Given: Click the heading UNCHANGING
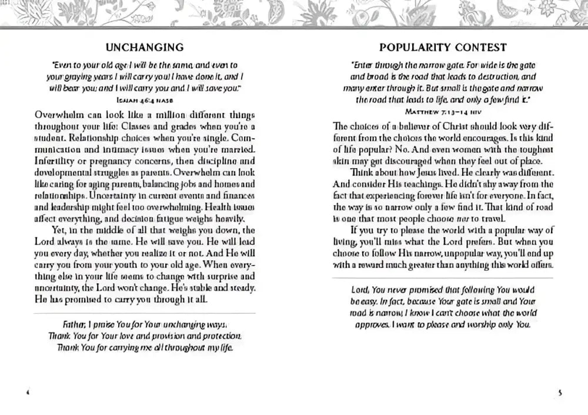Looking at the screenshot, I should pos(145,47).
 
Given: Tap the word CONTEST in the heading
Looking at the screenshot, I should pos(479,47).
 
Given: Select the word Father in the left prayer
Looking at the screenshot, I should pos(75,324).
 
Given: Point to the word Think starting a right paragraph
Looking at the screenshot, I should pos(365,172).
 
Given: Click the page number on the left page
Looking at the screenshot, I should pos(28,392).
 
